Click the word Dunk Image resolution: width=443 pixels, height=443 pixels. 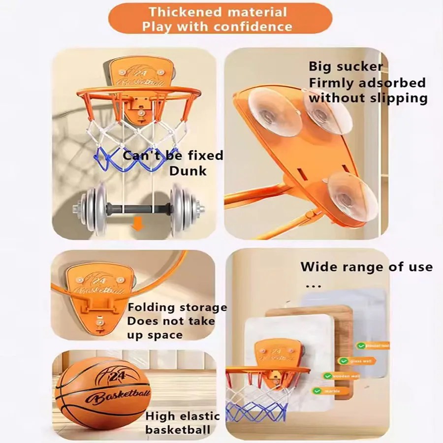[x=188, y=171]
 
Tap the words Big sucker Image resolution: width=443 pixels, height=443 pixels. [x=346, y=66]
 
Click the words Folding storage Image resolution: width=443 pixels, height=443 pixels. [x=177, y=308]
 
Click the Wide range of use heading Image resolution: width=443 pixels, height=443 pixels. [x=366, y=267]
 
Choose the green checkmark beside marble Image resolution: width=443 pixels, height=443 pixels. [x=317, y=391]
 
